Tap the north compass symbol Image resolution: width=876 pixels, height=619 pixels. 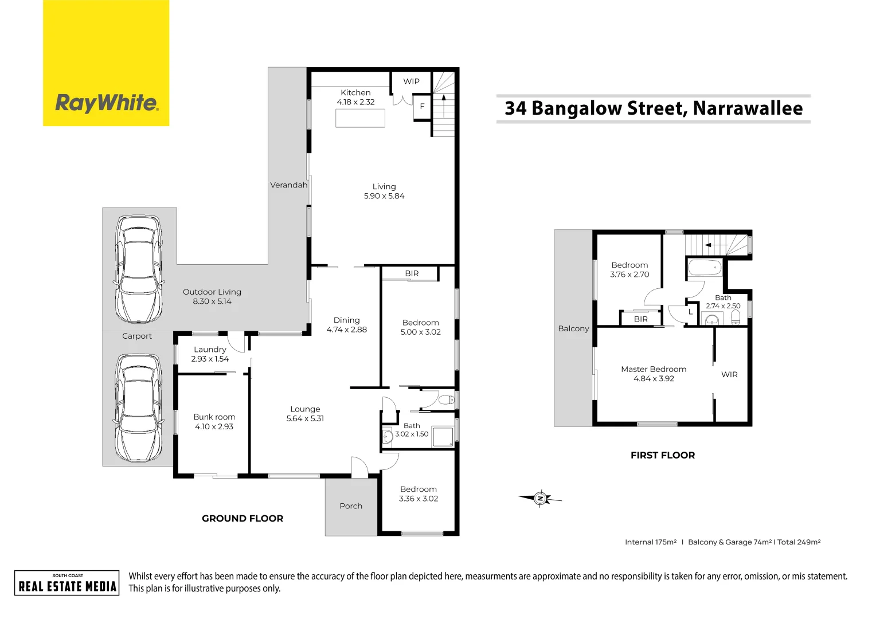point(540,499)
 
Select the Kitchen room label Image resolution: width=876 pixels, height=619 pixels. point(355,92)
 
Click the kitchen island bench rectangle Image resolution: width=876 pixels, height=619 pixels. point(360,117)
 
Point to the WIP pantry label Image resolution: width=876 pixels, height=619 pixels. point(411,81)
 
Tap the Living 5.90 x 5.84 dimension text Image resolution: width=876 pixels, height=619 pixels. point(384,196)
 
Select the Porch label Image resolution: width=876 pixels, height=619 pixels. point(351,506)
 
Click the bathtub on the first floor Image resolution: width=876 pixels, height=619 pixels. point(705,268)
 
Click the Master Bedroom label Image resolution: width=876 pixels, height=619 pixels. point(654,369)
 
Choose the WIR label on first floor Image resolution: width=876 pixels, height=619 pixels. point(729,374)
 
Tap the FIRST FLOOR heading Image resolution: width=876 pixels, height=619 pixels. point(663,455)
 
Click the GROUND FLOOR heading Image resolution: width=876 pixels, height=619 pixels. point(243,518)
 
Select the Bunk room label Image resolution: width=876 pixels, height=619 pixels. point(214,417)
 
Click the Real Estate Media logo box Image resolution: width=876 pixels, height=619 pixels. point(67,583)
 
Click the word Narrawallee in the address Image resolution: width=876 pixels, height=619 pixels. point(748,108)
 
